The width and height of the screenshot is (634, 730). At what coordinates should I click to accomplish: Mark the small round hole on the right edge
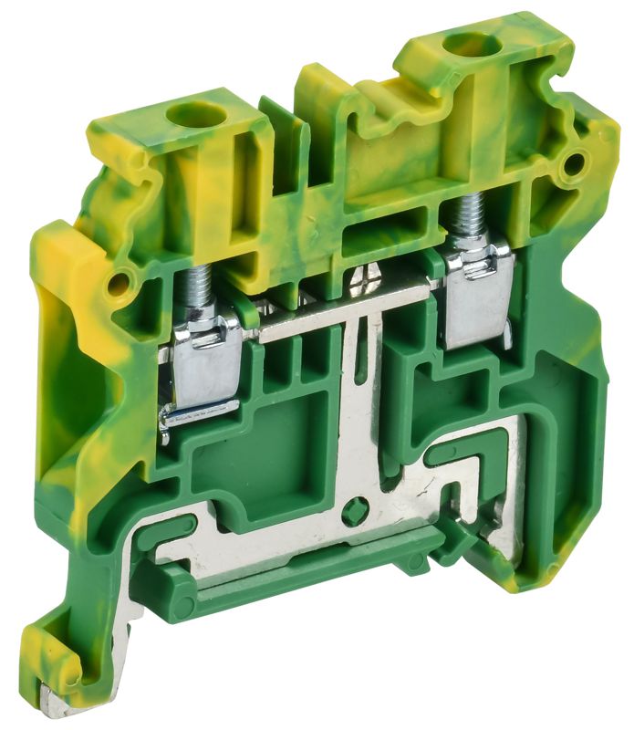click(574, 164)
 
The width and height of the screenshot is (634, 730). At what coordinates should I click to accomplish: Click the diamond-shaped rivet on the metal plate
click(359, 506)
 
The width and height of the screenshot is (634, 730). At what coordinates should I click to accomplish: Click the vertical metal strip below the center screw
click(361, 411)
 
